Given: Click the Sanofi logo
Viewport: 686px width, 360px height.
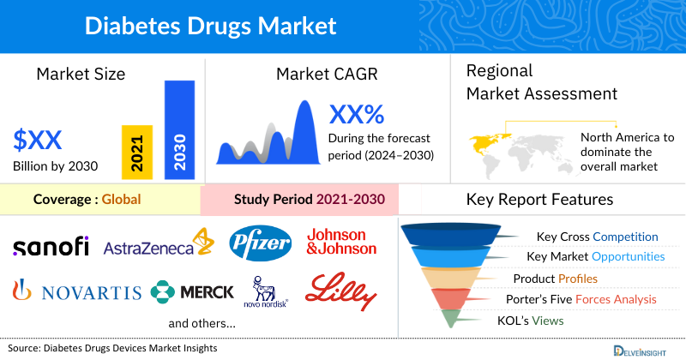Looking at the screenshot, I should (51, 247).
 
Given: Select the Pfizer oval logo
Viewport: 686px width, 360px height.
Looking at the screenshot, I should (260, 243).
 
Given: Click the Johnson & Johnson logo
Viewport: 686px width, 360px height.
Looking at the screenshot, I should (341, 242).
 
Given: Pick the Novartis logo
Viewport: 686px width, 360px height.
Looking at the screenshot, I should (76, 292).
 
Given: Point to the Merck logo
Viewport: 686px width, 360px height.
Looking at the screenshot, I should (192, 292).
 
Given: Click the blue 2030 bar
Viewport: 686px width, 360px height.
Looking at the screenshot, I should (179, 130).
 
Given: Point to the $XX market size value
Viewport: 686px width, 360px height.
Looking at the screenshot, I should (39, 139).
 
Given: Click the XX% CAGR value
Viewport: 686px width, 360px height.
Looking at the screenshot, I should (357, 113).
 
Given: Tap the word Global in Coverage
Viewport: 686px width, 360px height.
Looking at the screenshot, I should (121, 200).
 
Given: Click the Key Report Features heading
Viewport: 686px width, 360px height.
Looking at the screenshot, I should (539, 200).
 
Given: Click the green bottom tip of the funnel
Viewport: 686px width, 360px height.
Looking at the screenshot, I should (448, 320).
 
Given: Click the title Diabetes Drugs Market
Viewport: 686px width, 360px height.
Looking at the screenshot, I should (210, 25).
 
